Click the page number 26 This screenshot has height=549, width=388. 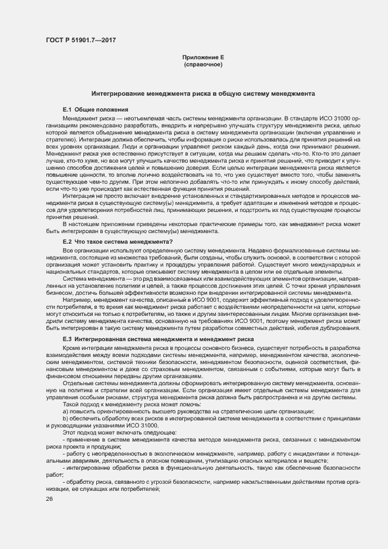tap(49, 499)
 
